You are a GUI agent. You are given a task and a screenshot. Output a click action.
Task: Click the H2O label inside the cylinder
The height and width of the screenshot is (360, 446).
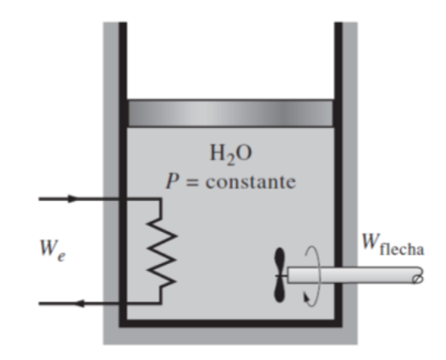[230, 152]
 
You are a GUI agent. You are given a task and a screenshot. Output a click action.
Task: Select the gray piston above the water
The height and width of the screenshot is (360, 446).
[230, 112]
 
